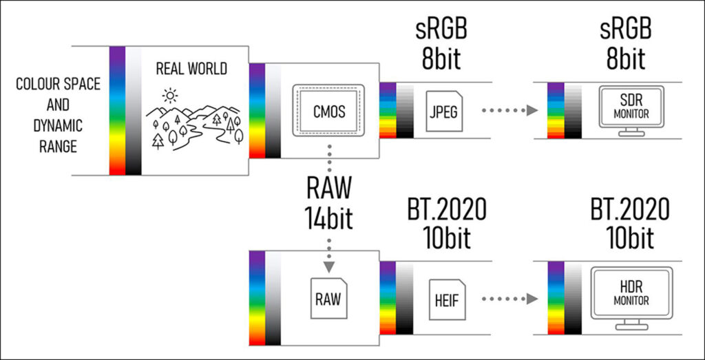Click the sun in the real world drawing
point(170,94)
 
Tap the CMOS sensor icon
point(328,109)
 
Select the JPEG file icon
point(442,110)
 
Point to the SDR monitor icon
point(631,109)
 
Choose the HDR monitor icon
point(631,297)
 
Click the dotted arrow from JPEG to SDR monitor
point(508,110)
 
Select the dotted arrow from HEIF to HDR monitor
point(508,299)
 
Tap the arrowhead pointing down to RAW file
point(328,266)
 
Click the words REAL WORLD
point(191,69)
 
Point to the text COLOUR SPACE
point(59,85)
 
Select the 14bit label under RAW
point(329,220)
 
